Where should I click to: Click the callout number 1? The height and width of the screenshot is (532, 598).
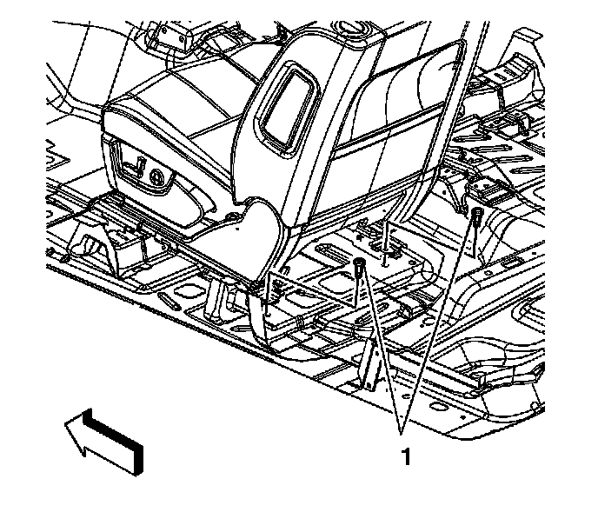coord(404,456)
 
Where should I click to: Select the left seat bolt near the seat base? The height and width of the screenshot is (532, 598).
coord(360,269)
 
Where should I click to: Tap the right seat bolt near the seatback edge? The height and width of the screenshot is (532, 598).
coord(476,216)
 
